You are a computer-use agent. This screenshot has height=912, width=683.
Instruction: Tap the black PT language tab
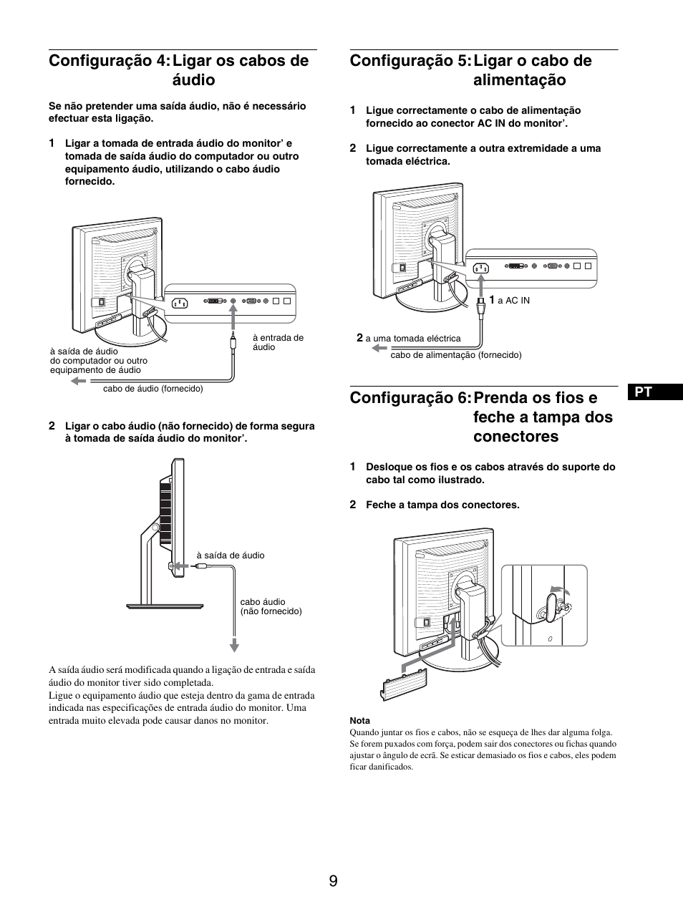pyautogui.click(x=644, y=392)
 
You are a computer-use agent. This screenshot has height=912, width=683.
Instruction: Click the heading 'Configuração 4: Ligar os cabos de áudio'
pyautogui.click(x=179, y=70)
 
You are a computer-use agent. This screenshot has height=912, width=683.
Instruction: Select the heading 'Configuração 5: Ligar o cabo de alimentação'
pyautogui.click(x=471, y=70)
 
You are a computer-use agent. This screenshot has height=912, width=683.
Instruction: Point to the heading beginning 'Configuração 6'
pyautogui.click(x=481, y=417)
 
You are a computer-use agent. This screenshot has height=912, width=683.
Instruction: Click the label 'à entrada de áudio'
pyautogui.click(x=278, y=342)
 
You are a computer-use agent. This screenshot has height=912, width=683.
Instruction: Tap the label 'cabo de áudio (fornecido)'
pyautogui.click(x=152, y=389)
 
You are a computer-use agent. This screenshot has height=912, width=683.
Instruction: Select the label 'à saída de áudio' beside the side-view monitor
pyautogui.click(x=230, y=555)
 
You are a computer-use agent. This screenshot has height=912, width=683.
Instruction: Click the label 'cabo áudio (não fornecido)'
pyautogui.click(x=271, y=606)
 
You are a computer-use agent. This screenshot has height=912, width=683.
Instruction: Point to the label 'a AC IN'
pyautogui.click(x=513, y=301)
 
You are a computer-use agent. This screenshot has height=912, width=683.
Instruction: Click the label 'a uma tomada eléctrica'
pyautogui.click(x=413, y=339)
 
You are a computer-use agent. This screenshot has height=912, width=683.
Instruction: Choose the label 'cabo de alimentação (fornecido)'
pyautogui.click(x=455, y=355)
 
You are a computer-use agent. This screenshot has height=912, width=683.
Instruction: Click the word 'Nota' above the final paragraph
pyautogui.click(x=359, y=720)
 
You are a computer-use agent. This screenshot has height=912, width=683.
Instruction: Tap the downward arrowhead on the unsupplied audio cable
pyautogui.click(x=233, y=646)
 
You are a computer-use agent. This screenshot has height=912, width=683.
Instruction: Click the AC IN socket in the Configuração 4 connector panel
pyautogui.click(x=179, y=303)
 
